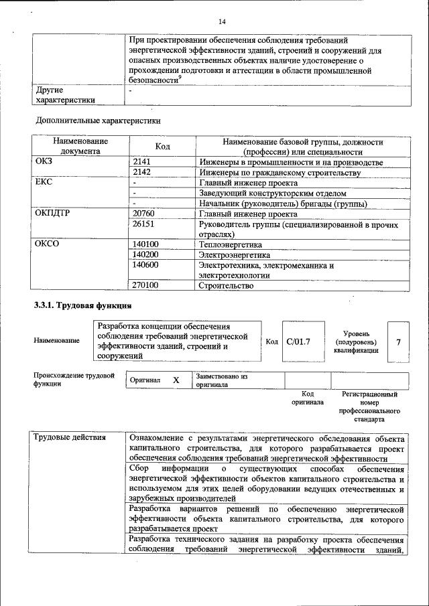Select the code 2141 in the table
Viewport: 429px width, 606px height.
[142, 162]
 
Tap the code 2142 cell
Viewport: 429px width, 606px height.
[142, 172]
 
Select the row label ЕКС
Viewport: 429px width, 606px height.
[44, 182]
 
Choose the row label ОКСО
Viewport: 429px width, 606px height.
[47, 244]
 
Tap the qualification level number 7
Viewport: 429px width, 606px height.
[398, 342]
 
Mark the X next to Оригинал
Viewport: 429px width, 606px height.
[176, 380]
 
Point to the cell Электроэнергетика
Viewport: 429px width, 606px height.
[234, 254]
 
